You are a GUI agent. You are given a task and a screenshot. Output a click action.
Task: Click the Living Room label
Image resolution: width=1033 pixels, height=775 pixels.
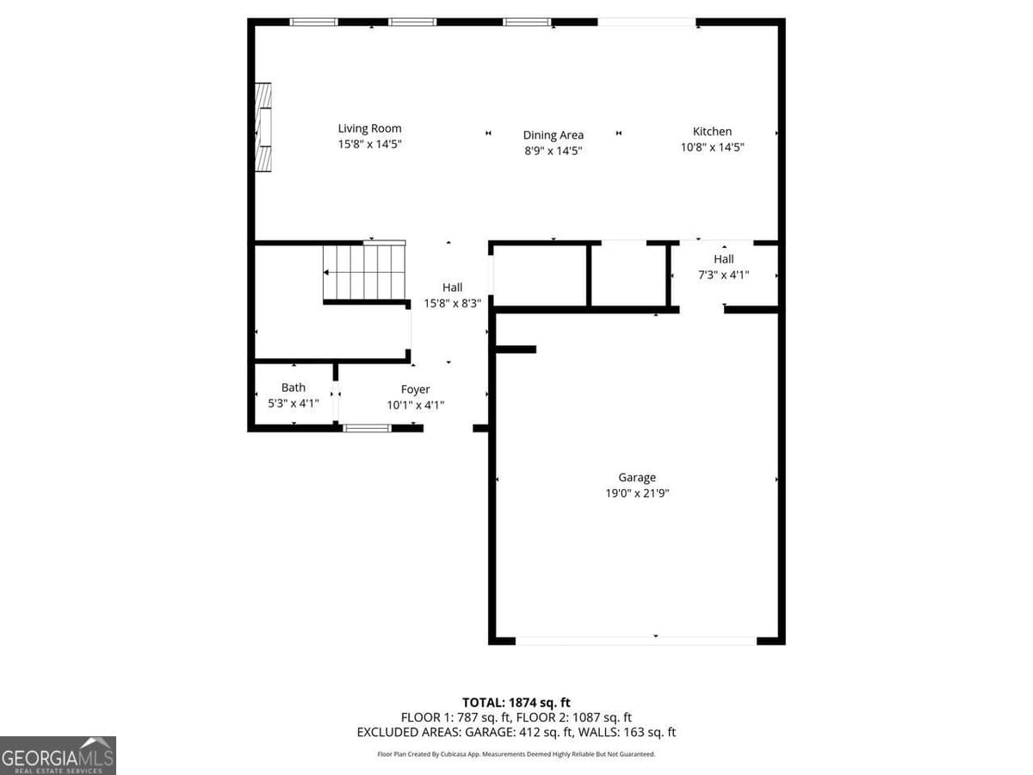point(369,129)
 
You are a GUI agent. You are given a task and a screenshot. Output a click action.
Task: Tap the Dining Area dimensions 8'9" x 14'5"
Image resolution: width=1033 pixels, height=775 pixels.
point(554,151)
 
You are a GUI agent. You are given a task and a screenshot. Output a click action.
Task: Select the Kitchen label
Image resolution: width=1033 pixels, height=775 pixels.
point(712,132)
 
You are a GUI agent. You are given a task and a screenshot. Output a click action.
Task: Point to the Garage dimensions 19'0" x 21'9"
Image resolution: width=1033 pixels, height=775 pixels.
point(637,493)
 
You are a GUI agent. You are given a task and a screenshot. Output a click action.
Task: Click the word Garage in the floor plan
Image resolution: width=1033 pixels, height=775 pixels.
point(637,477)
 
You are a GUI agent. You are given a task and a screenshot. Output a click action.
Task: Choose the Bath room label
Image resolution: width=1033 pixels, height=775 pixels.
point(294,387)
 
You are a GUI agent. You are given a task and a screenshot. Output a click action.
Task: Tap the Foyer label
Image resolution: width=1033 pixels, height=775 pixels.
point(415,389)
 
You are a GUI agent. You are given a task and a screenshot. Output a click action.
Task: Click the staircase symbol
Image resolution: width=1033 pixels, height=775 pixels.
point(364,271)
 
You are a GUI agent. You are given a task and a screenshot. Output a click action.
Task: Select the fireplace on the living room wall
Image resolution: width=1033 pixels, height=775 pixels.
point(263,127)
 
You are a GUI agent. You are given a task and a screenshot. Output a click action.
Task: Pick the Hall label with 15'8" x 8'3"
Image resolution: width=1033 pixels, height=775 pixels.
point(452,288)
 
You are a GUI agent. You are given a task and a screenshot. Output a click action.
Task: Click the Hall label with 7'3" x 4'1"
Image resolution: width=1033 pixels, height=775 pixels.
point(723,259)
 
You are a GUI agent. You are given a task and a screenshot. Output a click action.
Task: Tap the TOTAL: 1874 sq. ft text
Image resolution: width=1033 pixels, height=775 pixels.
point(516,703)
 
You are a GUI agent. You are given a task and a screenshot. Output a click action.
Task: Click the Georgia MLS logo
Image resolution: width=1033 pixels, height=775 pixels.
point(58,755)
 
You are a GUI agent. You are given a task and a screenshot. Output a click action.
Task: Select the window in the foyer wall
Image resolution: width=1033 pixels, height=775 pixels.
point(368,427)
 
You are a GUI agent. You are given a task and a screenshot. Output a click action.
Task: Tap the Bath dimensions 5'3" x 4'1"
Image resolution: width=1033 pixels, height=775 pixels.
point(294,403)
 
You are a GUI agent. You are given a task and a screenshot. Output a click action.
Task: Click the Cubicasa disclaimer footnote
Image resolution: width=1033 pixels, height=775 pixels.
point(516,753)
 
